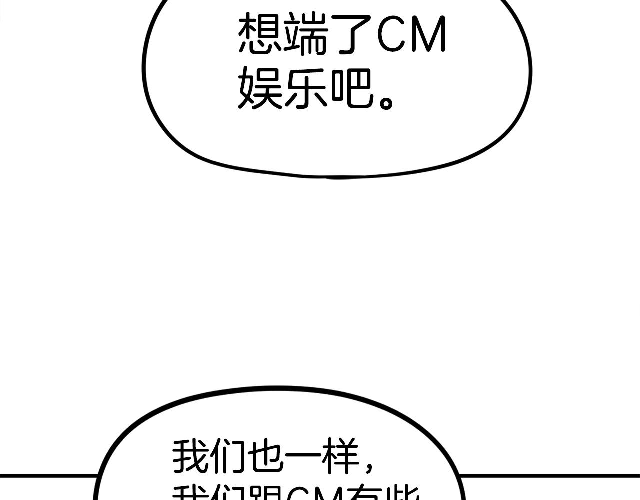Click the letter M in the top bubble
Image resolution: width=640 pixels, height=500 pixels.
(x=427, y=34)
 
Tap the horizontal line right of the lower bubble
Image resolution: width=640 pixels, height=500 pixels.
(x=550, y=476)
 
